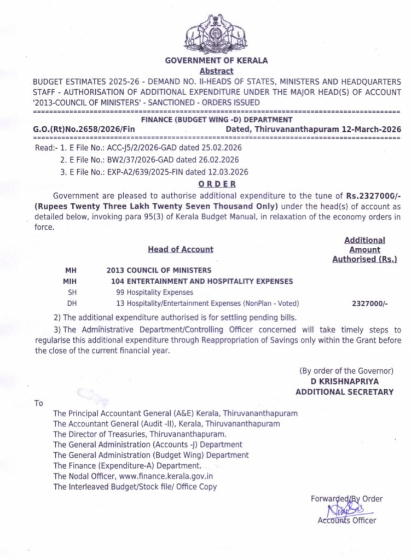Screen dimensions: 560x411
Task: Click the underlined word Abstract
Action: point(216,71)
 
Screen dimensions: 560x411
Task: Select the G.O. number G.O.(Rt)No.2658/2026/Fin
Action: point(84,129)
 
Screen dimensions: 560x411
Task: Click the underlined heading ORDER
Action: point(217,184)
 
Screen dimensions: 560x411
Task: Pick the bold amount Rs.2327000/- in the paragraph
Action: point(373,195)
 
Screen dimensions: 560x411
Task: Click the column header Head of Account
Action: point(180,249)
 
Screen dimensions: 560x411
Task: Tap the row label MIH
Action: point(71,281)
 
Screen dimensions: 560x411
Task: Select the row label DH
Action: point(72,303)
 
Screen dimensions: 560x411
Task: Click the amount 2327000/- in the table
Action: point(370,303)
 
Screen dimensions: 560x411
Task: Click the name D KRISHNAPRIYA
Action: point(345,381)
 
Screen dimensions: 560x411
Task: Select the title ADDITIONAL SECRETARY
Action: point(344,392)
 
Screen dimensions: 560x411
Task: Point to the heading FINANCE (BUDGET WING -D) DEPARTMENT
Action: point(217,119)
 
